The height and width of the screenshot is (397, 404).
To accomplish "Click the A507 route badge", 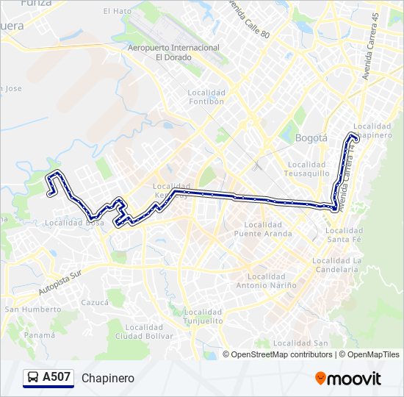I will pyautogui.click(x=48, y=378).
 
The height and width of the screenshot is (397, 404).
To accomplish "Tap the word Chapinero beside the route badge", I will pyautogui.click(x=108, y=378).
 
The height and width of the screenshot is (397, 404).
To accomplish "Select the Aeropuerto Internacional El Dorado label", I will pyautogui.click(x=173, y=52).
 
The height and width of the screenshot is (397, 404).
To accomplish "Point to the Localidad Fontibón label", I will pyautogui.click(x=206, y=97).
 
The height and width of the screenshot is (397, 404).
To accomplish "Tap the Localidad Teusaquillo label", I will pyautogui.click(x=313, y=168).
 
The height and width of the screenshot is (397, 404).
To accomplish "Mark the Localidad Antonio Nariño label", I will pyautogui.click(x=266, y=281).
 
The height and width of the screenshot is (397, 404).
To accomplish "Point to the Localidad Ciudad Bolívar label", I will pyautogui.click(x=139, y=332).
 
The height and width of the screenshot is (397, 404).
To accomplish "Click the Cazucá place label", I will pyautogui.click(x=95, y=302).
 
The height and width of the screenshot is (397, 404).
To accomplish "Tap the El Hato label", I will pyautogui.click(x=117, y=11).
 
